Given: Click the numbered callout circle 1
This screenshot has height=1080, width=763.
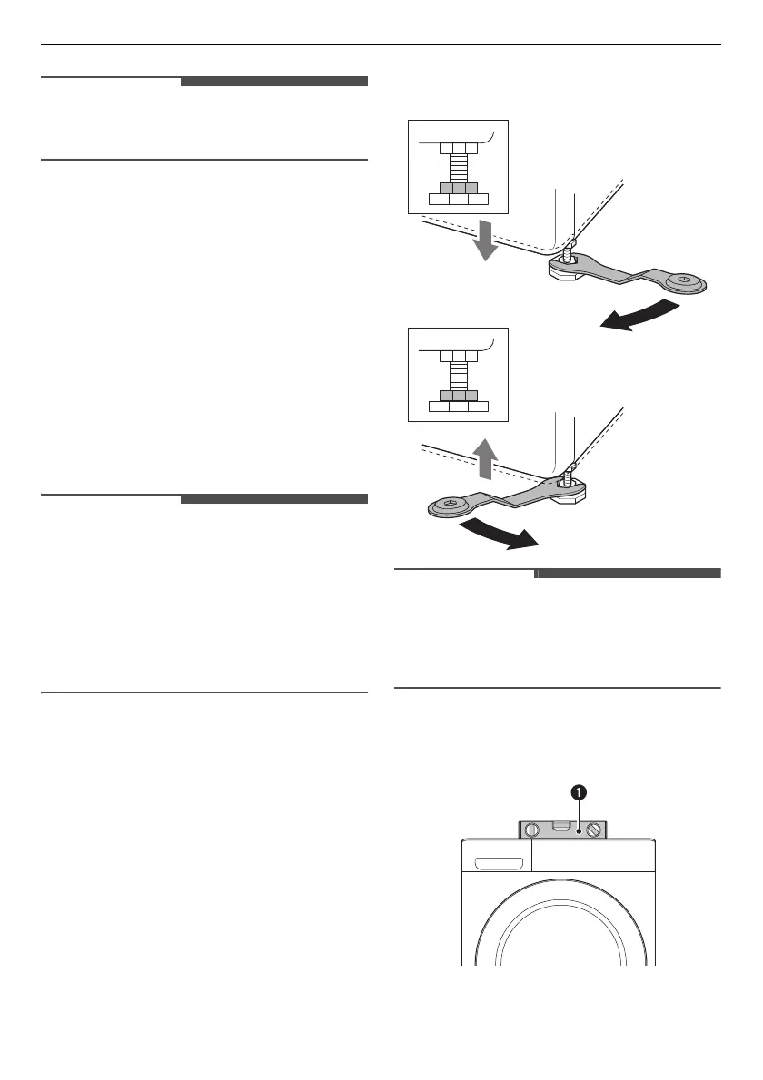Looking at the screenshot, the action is pos(577,792).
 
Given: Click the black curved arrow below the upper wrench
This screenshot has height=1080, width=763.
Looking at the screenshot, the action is pos(640,318).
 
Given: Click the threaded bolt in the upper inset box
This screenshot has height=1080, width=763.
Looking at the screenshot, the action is pos(458,167).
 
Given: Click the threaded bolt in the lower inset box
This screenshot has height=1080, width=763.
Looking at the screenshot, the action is pos(458,374).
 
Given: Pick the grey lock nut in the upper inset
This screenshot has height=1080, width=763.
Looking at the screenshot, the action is pos(458,187).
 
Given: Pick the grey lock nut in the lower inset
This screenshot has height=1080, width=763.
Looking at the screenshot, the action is pos(458,396).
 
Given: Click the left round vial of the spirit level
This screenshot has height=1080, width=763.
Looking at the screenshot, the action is pos(532,829).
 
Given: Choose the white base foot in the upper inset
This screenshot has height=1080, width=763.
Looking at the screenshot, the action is pos(458,199).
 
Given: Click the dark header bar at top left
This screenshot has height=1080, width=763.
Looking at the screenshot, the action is pos(273,82).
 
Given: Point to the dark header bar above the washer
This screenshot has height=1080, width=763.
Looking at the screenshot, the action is pos(628,574).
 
